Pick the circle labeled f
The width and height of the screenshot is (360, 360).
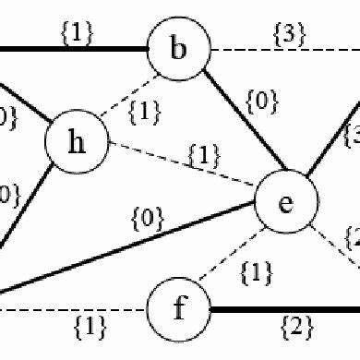[180, 306]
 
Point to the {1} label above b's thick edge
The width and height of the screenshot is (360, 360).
[79, 32]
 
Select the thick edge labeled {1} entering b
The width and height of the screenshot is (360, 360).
[74, 46]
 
